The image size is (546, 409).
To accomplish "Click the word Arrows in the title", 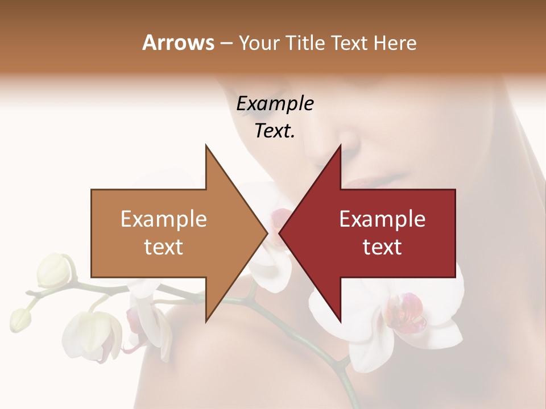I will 178,43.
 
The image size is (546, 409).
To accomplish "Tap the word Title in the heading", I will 307,43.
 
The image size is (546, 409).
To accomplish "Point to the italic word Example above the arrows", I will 275,104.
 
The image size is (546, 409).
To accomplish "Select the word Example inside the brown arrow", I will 164,219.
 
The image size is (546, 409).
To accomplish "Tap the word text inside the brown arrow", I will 164,247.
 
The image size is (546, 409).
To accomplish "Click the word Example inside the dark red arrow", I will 382,219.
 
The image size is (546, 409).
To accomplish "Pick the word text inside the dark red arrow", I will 382,247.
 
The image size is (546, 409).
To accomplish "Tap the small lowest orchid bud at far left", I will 20,320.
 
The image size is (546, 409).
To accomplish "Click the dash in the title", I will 225,44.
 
